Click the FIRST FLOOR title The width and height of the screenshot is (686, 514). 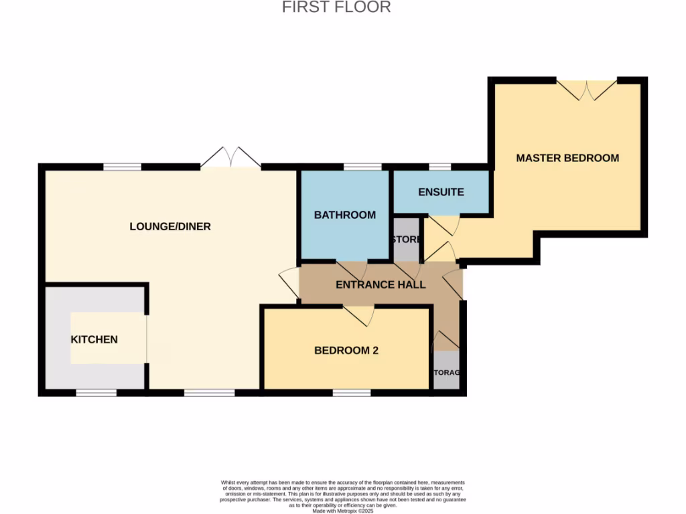click(336, 7)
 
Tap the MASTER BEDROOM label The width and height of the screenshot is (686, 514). click(567, 158)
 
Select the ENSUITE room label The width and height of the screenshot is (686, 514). click(441, 192)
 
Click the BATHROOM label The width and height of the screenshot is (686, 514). click(345, 215)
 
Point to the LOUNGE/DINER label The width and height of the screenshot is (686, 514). click(170, 226)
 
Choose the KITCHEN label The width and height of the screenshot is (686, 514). click(94, 339)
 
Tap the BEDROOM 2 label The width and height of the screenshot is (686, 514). click(346, 350)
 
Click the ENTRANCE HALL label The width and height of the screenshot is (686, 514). click(381, 284)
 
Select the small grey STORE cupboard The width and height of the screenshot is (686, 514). click(406, 240)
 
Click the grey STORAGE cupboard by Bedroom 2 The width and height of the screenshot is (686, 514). click(446, 370)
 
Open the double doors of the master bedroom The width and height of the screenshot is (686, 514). click(587, 90)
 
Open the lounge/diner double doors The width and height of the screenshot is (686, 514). click(230, 158)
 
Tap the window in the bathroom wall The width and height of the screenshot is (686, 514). click(362, 167)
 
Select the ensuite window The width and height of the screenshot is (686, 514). click(439, 167)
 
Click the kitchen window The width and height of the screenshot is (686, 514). click(96, 393)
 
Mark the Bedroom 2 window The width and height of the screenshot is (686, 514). click(352, 393)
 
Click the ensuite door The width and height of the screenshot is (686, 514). click(443, 224)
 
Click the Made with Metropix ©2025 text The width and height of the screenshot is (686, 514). click(342, 511)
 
